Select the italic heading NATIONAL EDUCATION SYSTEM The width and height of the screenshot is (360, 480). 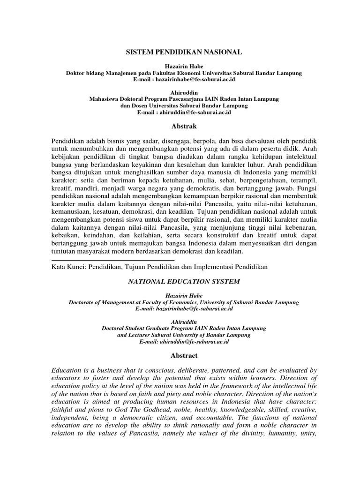[x=184, y=281]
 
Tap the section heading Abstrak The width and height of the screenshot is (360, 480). [x=184, y=126]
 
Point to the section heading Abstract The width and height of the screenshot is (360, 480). [x=184, y=356]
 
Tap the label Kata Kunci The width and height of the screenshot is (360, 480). [x=68, y=267]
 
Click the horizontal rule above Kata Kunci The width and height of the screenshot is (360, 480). [x=112, y=259]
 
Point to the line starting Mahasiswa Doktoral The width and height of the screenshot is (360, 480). [x=184, y=99]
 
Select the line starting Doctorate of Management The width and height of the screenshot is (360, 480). [x=184, y=302]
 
